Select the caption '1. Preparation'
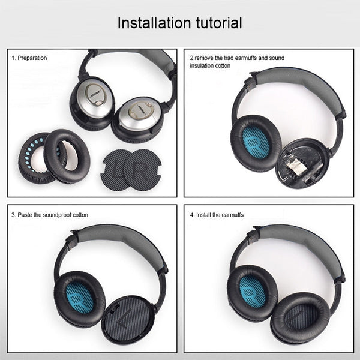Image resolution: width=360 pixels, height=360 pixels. tap(29, 58)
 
